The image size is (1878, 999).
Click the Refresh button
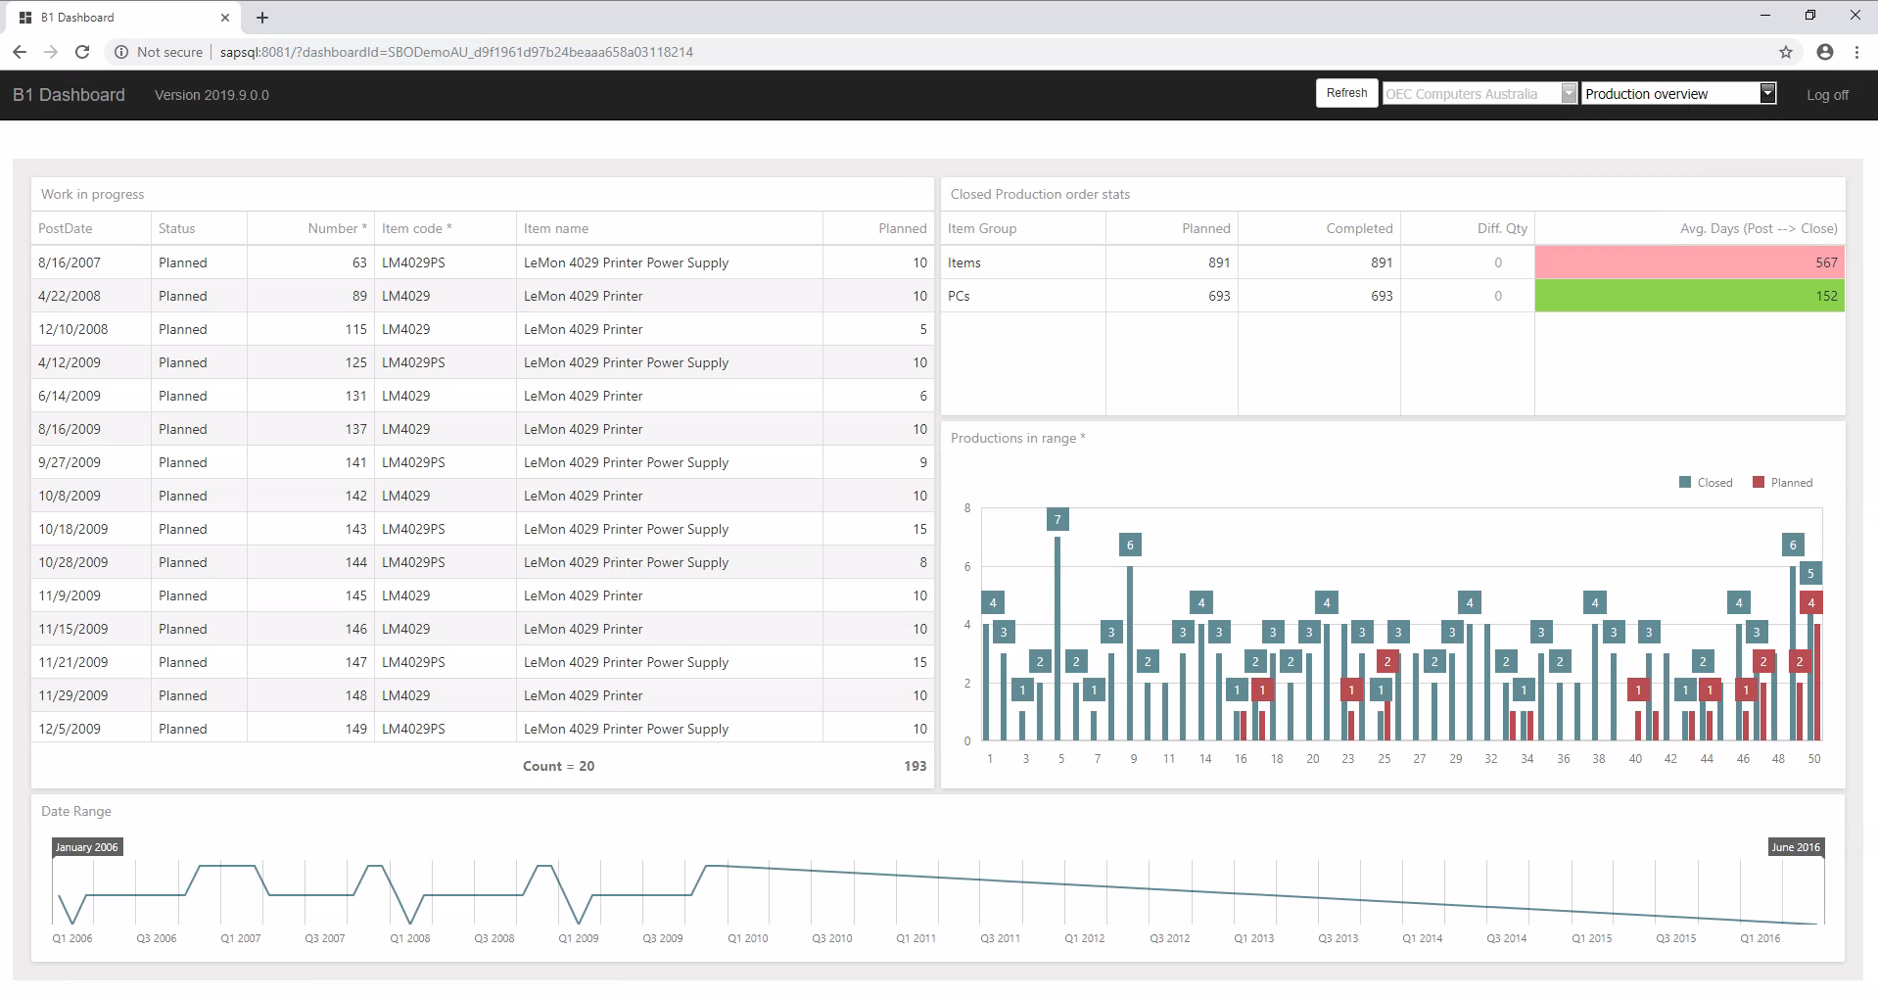pos(1346,93)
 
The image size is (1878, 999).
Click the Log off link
pos(1827,95)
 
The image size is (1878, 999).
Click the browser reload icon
pos(82,52)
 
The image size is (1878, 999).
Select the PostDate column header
pos(66,228)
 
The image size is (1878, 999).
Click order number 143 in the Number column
pos(355,529)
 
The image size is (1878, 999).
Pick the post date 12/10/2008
pos(73,329)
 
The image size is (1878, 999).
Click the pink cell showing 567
pos(1689,262)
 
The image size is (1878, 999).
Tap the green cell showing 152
pos(1689,296)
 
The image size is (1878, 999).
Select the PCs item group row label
pos(959,296)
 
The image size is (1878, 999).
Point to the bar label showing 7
pos(1057,519)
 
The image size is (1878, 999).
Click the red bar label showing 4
pos(1811,602)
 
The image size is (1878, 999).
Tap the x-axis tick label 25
pos(1384,759)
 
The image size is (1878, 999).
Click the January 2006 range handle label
pos(87,847)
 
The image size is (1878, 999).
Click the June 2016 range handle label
pos(1796,847)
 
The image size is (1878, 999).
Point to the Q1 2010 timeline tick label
pos(748,938)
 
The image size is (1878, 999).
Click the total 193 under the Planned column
pos(915,766)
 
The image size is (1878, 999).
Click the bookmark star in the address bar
pos(1786,52)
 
